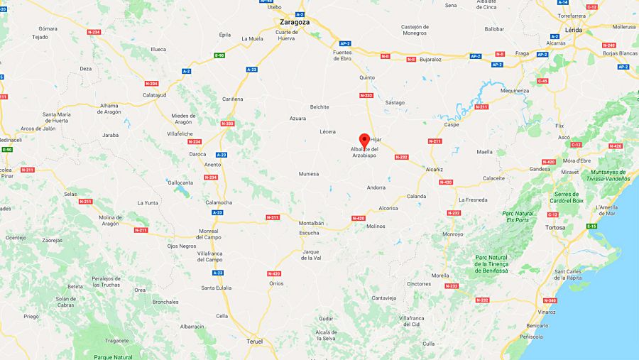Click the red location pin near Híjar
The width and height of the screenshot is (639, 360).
click(365, 139)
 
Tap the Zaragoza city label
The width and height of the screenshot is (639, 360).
click(294, 22)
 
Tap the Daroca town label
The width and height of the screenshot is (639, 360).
click(197, 154)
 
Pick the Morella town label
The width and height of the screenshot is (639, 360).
click(440, 275)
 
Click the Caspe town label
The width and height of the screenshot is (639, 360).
click(452, 125)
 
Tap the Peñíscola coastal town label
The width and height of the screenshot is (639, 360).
click(531, 336)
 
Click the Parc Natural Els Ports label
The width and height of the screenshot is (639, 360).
click(518, 216)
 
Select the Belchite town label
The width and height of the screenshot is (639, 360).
click(319, 107)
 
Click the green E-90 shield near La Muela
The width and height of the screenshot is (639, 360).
click(219, 55)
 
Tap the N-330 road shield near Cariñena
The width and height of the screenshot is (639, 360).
click(227, 124)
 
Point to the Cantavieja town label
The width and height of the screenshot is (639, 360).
click(383, 298)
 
